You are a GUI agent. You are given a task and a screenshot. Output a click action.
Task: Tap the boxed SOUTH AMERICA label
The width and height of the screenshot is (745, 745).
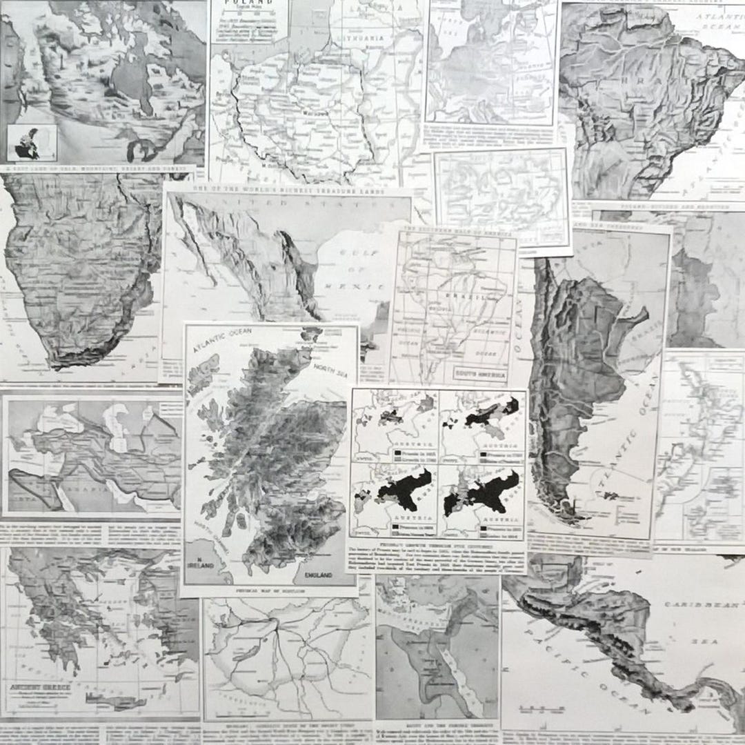479,373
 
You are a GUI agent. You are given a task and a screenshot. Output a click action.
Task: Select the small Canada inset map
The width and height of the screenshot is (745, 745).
30,143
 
